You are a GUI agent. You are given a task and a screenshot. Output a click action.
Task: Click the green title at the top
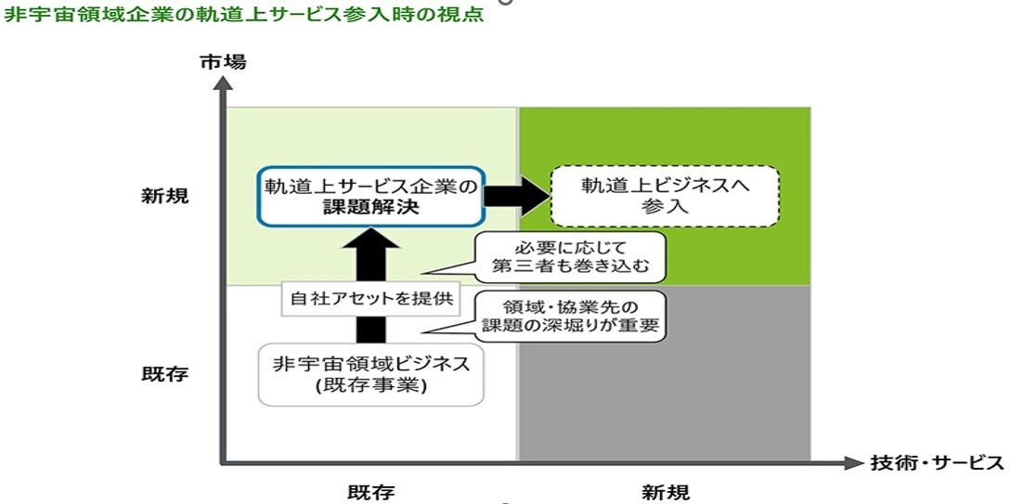243,16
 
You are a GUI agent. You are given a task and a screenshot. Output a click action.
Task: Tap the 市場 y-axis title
224,62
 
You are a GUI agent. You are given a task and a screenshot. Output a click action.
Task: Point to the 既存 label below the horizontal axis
371,492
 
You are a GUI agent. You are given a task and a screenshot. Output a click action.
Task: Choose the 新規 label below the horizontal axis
666,492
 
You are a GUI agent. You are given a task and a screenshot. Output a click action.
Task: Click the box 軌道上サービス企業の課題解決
370,197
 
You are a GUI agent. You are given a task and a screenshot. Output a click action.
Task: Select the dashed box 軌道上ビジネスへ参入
665,196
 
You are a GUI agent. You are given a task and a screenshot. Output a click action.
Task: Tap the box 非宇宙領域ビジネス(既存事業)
371,375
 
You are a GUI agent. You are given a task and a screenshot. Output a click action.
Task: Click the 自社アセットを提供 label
371,299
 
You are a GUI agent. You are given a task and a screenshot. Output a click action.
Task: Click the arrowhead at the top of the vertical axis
222,82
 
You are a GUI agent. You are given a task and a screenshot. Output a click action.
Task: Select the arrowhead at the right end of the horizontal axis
855,462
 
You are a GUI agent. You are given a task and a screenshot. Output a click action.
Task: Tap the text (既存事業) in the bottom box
371,386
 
